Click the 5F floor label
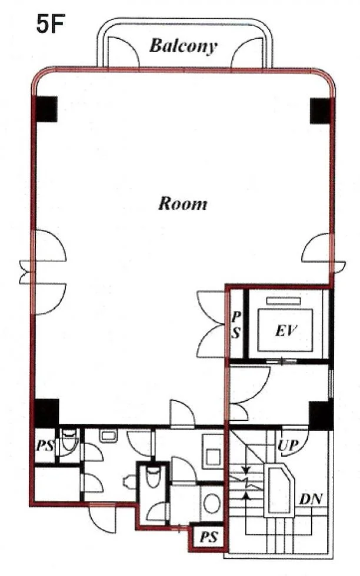point(51,24)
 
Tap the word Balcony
point(183,46)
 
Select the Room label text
point(183,203)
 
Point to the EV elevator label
point(286,331)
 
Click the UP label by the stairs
point(288,446)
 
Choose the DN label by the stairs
point(311,499)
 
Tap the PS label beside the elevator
point(236,324)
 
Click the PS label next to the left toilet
point(45,446)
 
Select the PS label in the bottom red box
point(209,537)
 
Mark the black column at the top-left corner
point(46,109)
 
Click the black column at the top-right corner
point(322,111)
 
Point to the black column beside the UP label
point(321,416)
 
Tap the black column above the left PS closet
point(46,413)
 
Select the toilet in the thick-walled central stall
point(152,477)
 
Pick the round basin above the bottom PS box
point(212,503)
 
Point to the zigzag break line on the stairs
point(246,481)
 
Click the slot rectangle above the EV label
point(284,301)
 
